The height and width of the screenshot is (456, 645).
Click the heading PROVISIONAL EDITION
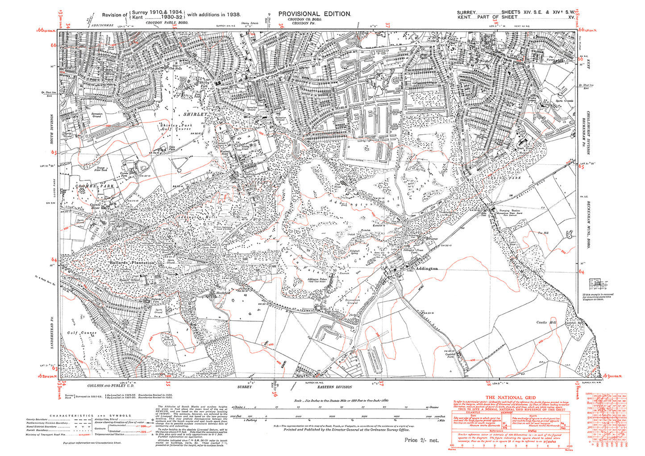tap(315, 14)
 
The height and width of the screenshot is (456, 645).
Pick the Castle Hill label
tap(547, 322)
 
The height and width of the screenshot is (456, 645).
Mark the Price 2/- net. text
tap(421, 440)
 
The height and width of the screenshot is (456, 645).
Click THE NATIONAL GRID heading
tap(511, 397)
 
